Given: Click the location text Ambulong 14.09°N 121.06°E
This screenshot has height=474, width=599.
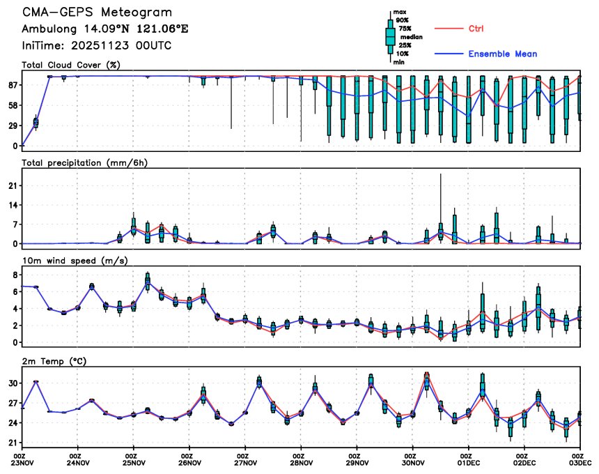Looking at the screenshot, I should (105, 29).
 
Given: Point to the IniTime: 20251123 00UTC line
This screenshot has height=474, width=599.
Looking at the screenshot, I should (97, 45).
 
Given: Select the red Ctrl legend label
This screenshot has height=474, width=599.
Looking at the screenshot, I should (476, 29).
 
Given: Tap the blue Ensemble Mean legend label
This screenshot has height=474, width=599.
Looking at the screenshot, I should (502, 54).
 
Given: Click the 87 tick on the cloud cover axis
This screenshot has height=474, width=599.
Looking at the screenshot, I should (12, 85).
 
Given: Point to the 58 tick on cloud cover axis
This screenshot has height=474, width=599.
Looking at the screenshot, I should (12, 105).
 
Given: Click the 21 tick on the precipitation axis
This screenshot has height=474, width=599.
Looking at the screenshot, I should (13, 185).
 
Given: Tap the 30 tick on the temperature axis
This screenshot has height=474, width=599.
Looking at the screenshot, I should (12, 383).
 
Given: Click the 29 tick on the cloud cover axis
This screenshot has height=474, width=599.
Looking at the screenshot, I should (12, 125).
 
